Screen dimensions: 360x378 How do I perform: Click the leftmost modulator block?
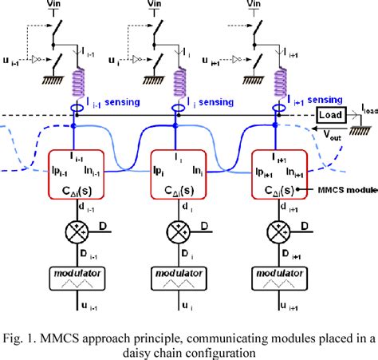coord(77,280)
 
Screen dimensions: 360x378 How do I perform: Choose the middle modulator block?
coord(179,280)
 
